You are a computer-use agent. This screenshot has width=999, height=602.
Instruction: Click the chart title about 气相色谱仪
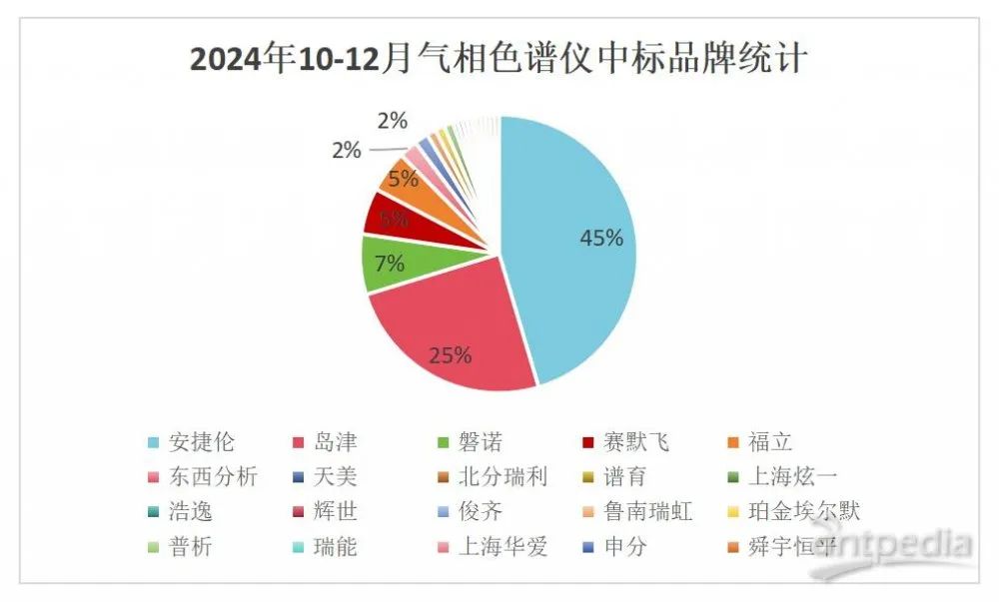point(499,59)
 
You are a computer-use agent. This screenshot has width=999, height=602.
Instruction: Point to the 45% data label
point(601,239)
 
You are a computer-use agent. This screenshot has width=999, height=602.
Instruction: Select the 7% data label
point(390,264)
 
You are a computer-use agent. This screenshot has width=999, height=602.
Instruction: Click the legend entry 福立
point(770,441)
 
